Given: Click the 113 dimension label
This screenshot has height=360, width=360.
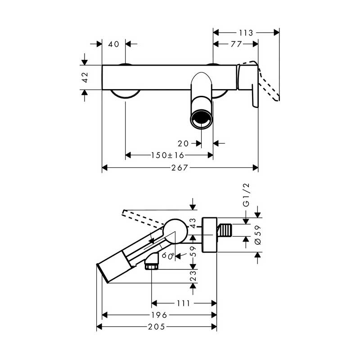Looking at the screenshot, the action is [x=246, y=33].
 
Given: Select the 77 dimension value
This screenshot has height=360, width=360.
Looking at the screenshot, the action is [x=236, y=44].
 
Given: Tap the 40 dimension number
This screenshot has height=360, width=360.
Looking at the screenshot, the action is [x=114, y=44].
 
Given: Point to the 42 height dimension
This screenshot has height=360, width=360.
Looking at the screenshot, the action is [x=85, y=77].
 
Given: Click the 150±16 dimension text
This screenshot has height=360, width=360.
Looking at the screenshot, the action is [x=167, y=155].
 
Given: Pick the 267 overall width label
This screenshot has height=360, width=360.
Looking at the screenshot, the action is [x=180, y=167].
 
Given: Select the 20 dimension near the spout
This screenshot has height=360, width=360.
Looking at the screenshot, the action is [x=183, y=144].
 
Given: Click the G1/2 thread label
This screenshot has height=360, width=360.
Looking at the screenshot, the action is [x=246, y=195].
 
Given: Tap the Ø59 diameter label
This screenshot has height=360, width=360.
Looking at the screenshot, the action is [x=258, y=235].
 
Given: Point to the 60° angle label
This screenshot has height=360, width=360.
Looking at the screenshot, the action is [x=168, y=255].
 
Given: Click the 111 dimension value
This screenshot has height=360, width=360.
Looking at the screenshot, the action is [x=183, y=303].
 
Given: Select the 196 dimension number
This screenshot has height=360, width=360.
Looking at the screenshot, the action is [x=159, y=315].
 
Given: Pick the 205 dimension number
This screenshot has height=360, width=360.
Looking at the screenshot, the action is [x=157, y=327].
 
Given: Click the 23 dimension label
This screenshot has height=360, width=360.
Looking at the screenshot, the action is [x=193, y=276].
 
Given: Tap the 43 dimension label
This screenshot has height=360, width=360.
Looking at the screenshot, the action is [x=193, y=223].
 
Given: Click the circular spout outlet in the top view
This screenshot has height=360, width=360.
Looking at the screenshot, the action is [x=201, y=119].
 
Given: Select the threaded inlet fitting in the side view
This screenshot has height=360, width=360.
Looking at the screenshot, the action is [x=225, y=230].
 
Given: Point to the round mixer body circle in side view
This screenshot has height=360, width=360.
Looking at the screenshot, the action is [x=175, y=231].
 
